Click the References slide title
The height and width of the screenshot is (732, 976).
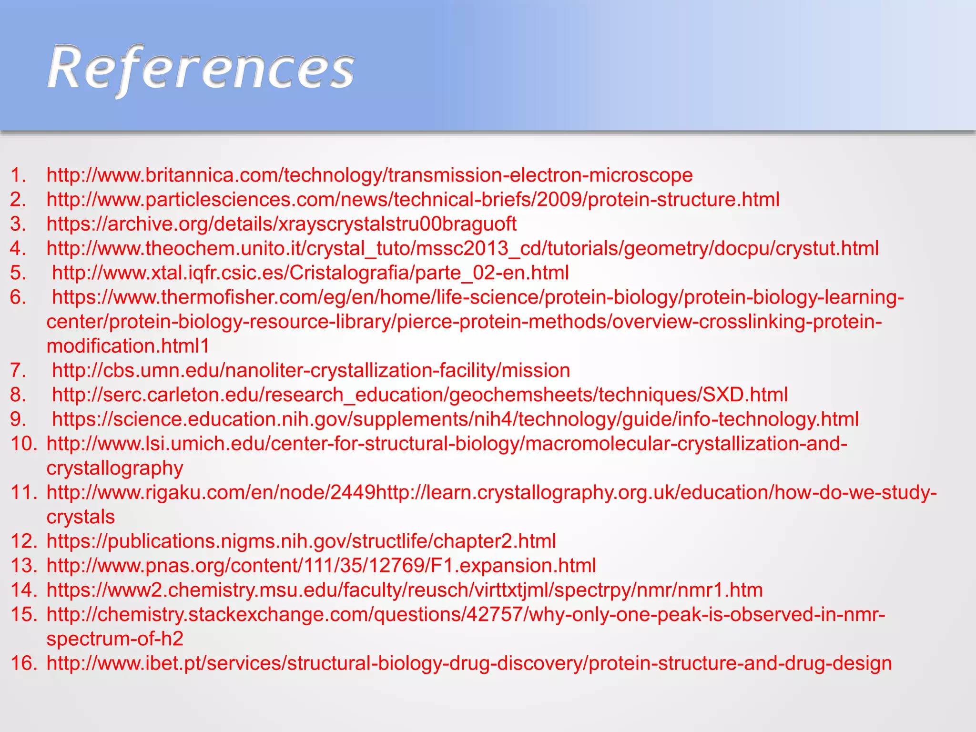click(x=201, y=69)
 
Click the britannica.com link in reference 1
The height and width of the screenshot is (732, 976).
click(x=369, y=175)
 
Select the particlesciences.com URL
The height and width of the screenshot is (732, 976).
click(x=413, y=199)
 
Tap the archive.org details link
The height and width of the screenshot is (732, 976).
click(x=281, y=224)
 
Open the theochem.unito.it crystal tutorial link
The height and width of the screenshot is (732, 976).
click(x=462, y=248)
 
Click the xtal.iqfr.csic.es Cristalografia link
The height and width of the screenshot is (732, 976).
click(x=310, y=273)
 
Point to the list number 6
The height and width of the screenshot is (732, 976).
click(x=18, y=297)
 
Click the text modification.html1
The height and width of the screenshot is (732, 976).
click(x=128, y=346)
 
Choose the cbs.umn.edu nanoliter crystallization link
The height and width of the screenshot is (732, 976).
click(x=311, y=370)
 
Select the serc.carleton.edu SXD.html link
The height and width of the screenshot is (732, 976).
click(x=419, y=395)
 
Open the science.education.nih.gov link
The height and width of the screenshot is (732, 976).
click(x=455, y=419)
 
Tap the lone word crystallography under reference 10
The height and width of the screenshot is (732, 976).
click(x=114, y=468)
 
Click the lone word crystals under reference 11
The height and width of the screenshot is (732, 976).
click(x=81, y=517)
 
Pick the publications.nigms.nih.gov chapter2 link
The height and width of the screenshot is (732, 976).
click(x=301, y=541)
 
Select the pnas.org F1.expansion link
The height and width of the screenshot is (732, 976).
click(x=321, y=565)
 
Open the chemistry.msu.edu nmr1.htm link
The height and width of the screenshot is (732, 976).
click(x=405, y=590)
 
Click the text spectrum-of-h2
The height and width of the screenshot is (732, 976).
click(x=115, y=639)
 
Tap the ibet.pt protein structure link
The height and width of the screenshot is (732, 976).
click(x=469, y=663)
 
